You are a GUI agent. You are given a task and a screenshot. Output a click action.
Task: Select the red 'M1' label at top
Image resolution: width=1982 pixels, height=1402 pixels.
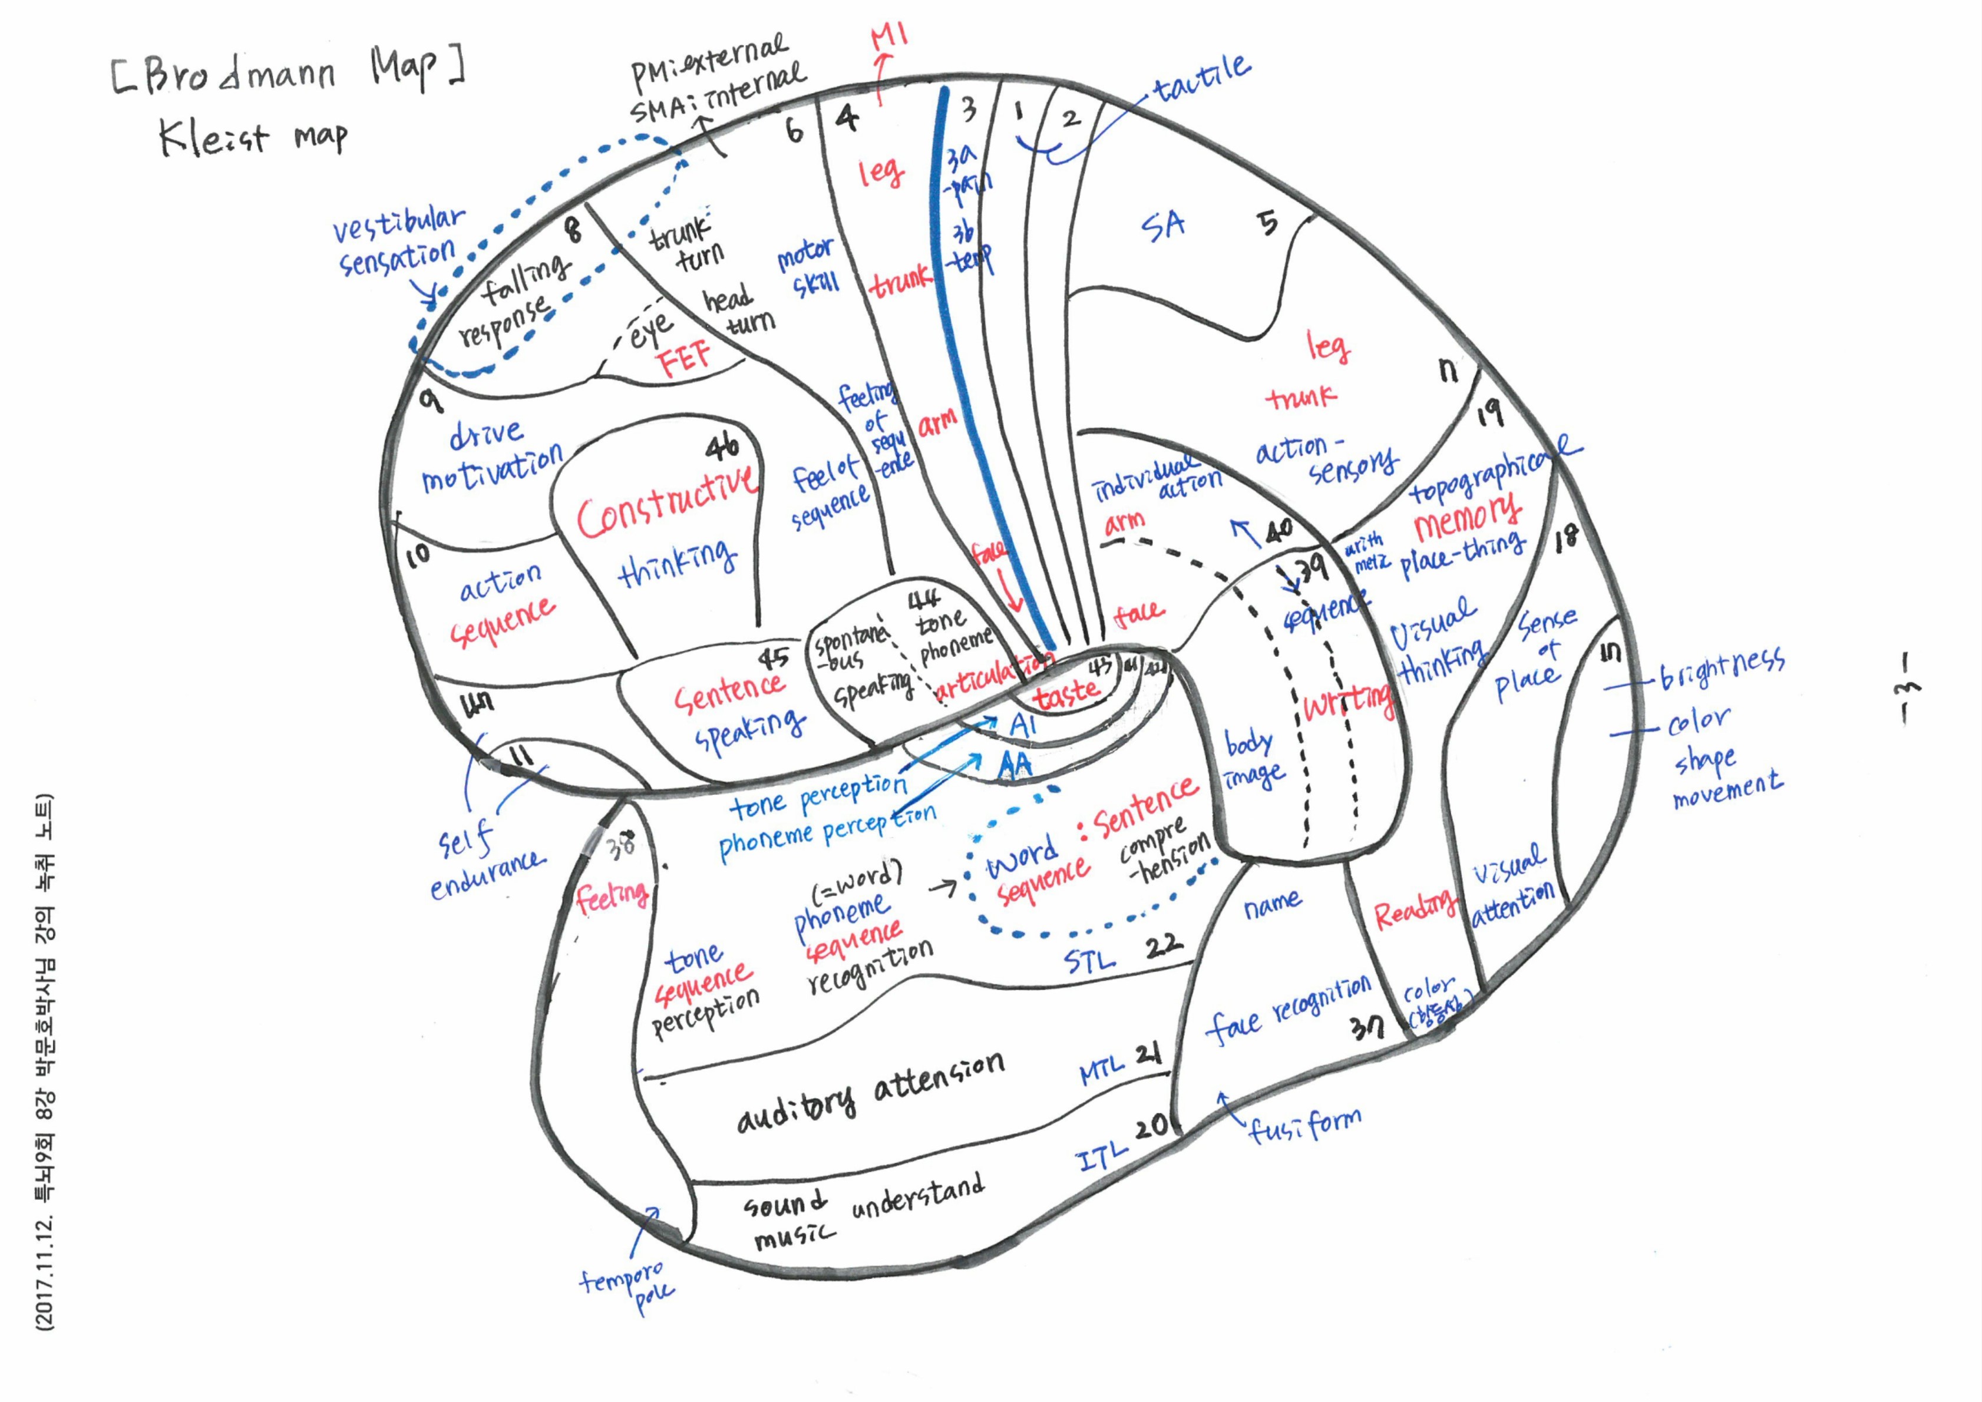tap(889, 37)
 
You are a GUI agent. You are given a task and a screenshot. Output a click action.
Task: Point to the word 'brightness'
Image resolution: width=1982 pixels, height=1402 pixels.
tap(1722, 669)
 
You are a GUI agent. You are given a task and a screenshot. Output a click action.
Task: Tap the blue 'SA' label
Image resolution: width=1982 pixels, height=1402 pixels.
tap(1164, 226)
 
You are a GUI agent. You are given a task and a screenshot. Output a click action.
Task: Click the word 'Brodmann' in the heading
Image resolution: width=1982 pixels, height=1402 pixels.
tap(240, 76)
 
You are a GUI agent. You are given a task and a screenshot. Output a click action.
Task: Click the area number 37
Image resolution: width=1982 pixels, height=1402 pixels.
tap(1367, 1026)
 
